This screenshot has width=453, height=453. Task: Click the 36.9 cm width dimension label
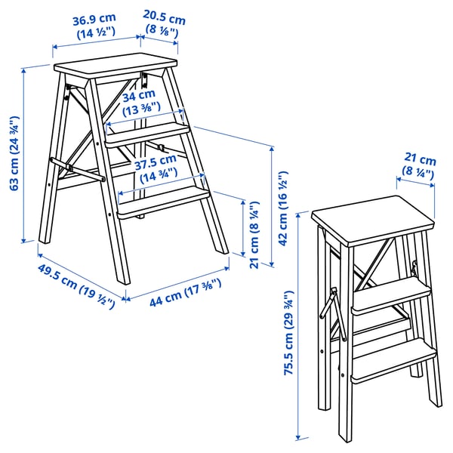94,25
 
